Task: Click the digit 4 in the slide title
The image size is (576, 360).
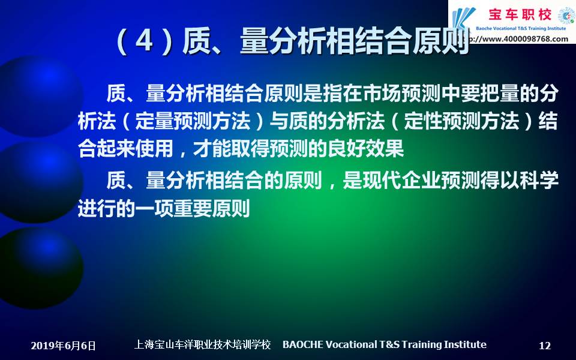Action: tap(144, 42)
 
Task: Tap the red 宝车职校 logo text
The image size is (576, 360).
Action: tap(520, 14)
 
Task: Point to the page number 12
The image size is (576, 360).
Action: tap(545, 346)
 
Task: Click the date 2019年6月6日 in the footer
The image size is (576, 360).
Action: tap(63, 346)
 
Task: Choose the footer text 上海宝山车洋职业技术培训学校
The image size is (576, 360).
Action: tap(202, 344)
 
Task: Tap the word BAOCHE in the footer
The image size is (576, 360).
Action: tap(302, 344)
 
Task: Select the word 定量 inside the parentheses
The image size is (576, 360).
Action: tap(154, 121)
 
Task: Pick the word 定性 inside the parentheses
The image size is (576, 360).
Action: tap(423, 121)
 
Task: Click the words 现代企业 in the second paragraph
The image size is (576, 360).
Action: tap(401, 180)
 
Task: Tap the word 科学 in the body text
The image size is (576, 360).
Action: tap(539, 180)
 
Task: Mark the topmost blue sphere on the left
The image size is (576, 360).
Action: tap(40, 96)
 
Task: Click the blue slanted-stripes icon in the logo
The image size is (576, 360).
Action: tap(464, 19)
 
